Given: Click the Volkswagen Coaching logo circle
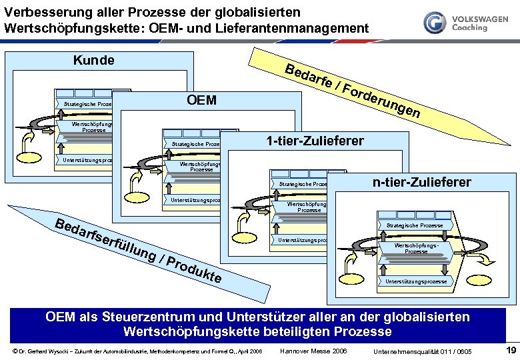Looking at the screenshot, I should pos(435,23).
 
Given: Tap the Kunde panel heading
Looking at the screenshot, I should pos(93,61).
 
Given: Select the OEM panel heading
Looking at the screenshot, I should pos(202,100).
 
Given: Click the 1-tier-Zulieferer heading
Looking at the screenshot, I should pos(315,141).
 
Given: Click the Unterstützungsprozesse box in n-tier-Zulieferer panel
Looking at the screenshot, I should pos(417,282).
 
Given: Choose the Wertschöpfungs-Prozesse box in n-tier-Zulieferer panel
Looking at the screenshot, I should pos(416,249).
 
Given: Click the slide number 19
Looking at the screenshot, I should pos(511,350).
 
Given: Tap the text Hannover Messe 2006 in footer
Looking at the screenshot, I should pos(312,351).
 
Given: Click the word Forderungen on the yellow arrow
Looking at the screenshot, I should pos(384,101).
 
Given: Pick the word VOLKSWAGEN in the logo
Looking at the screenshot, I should pos(479,20).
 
